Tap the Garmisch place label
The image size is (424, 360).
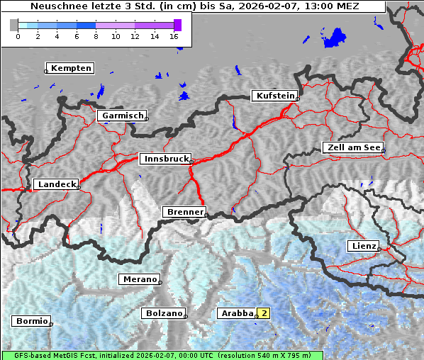(x=123, y=116)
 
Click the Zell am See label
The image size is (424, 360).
(x=353, y=147)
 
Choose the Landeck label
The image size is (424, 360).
(x=56, y=184)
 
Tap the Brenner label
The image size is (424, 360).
(x=185, y=212)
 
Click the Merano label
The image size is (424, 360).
(x=139, y=279)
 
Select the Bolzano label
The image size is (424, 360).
(x=164, y=313)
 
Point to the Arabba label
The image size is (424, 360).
(x=237, y=313)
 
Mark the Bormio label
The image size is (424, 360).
(x=31, y=321)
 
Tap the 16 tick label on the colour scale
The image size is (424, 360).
(x=174, y=36)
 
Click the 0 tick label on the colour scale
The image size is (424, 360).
(x=18, y=36)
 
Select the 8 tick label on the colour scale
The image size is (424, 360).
(x=96, y=36)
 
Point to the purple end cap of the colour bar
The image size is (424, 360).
(x=177, y=25)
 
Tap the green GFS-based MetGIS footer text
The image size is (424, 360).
(x=162, y=355)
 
